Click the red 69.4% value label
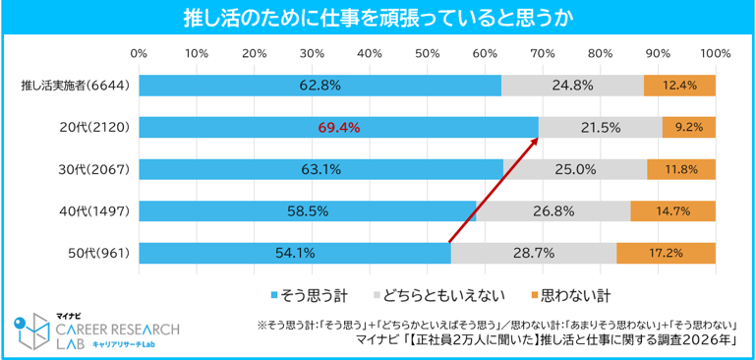pyautogui.click(x=338, y=128)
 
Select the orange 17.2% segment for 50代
pyautogui.click(x=666, y=254)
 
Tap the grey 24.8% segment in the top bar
pyautogui.click(x=572, y=86)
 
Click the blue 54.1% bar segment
pyautogui.click(x=295, y=254)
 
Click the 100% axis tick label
pyautogui.click(x=716, y=53)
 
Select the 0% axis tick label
pyautogui.click(x=139, y=53)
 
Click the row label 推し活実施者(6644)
pyautogui.click(x=75, y=86)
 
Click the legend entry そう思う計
pyautogui.click(x=310, y=294)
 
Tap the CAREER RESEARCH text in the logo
pyautogui.click(x=118, y=330)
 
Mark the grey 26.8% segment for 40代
pyautogui.click(x=553, y=211)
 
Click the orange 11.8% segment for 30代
pyautogui.click(x=681, y=169)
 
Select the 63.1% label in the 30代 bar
pyautogui.click(x=320, y=169)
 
